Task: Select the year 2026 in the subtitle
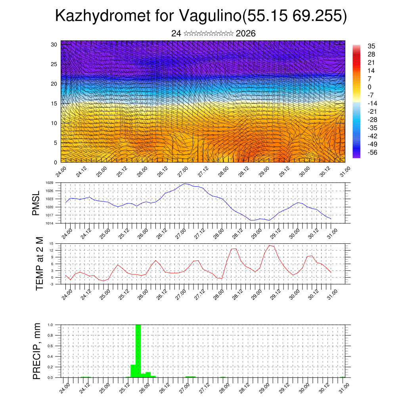[245, 34]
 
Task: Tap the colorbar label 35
[372, 46]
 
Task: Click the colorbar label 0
[370, 87]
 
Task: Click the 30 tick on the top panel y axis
[54, 44]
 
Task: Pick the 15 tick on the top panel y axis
[54, 103]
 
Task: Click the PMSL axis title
[36, 203]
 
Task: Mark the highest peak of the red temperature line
[270, 245]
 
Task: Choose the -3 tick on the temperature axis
[52, 284]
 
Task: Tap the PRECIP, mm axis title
[37, 351]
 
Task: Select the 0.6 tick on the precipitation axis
[50, 346]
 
